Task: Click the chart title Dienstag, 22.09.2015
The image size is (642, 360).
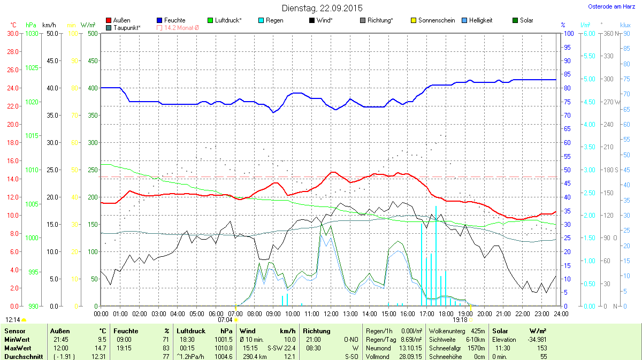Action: point(322,8)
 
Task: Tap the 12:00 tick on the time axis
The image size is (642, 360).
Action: point(331,313)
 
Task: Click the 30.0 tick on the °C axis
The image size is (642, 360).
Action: point(13,33)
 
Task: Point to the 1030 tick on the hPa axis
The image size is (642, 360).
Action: point(32,33)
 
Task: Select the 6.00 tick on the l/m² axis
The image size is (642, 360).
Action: point(588,33)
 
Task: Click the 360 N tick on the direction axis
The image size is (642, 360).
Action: point(610,33)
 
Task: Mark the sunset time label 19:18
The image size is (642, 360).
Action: point(460,320)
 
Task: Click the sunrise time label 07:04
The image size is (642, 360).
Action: point(225,320)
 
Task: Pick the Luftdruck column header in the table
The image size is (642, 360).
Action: point(190,331)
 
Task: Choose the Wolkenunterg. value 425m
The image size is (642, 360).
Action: point(477,331)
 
